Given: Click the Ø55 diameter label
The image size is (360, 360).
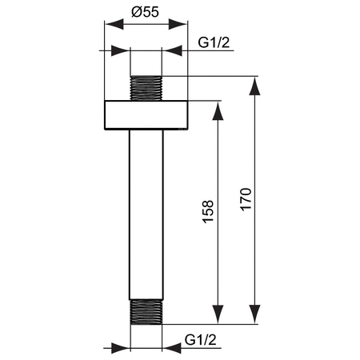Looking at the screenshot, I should click(146, 14).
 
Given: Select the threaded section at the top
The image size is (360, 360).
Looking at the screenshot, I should click(146, 87).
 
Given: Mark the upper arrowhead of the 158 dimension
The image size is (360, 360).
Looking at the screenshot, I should click(216, 108).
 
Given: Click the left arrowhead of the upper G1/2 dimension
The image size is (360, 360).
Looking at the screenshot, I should click(123, 52).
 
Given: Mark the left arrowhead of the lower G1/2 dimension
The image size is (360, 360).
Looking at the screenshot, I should click(123, 349).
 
